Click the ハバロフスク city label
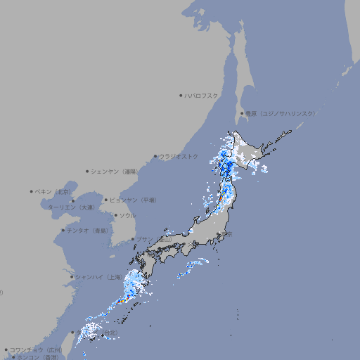coord(201,95)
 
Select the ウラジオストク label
coord(179,156)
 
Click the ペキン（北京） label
coord(53,191)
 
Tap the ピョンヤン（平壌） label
coord(132,200)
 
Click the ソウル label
coord(127,215)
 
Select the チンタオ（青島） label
coord(87,230)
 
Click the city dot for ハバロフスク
coord(180,95)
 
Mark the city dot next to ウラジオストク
coord(155,156)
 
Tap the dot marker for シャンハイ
coord(72,277)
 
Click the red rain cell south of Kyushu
coord(120,302)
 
